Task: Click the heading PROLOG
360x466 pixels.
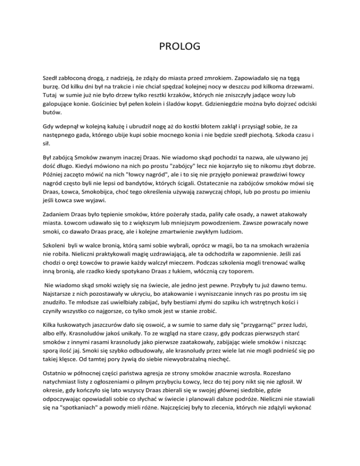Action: tap(180, 46)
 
